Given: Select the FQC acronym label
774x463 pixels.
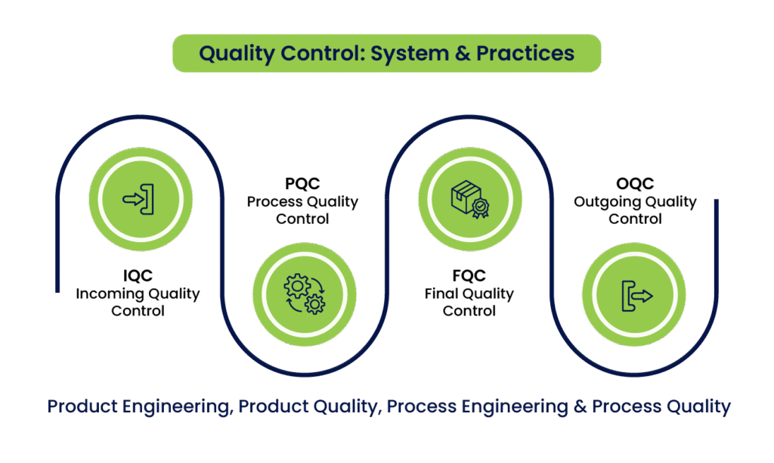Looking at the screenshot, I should coord(469,277).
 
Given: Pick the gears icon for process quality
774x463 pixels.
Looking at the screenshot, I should coord(302,293).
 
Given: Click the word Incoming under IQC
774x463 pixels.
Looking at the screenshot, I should coord(106,294).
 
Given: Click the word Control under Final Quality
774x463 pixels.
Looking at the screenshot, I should coord(469,310).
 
